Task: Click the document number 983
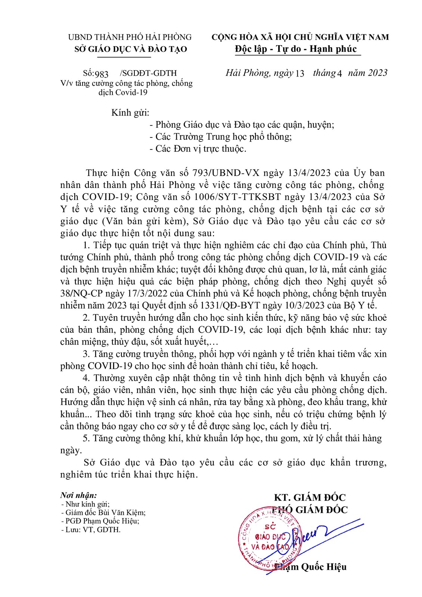point(102,74)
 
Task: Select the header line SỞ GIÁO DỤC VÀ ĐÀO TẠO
point(131,49)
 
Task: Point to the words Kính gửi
point(130,112)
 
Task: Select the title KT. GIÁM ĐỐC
point(310,497)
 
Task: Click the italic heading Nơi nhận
point(78,495)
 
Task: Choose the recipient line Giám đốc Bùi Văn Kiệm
point(105,513)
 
